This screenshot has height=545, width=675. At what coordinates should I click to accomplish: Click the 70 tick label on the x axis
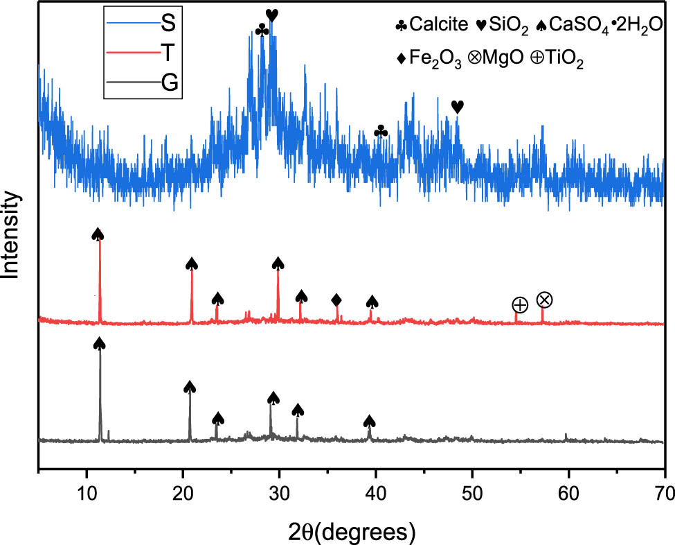[663, 494]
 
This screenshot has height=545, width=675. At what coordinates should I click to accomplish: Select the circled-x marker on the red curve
[545, 300]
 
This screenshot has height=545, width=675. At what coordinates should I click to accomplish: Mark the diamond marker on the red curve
[336, 300]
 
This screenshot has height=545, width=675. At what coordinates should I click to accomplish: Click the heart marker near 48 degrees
[457, 107]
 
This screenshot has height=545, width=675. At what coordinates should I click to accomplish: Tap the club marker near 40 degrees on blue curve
[381, 132]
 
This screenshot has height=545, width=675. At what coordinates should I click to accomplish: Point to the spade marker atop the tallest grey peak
[99, 344]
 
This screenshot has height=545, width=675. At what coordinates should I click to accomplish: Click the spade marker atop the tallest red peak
[98, 234]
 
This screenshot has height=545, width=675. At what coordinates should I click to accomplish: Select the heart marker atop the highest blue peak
[272, 15]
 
